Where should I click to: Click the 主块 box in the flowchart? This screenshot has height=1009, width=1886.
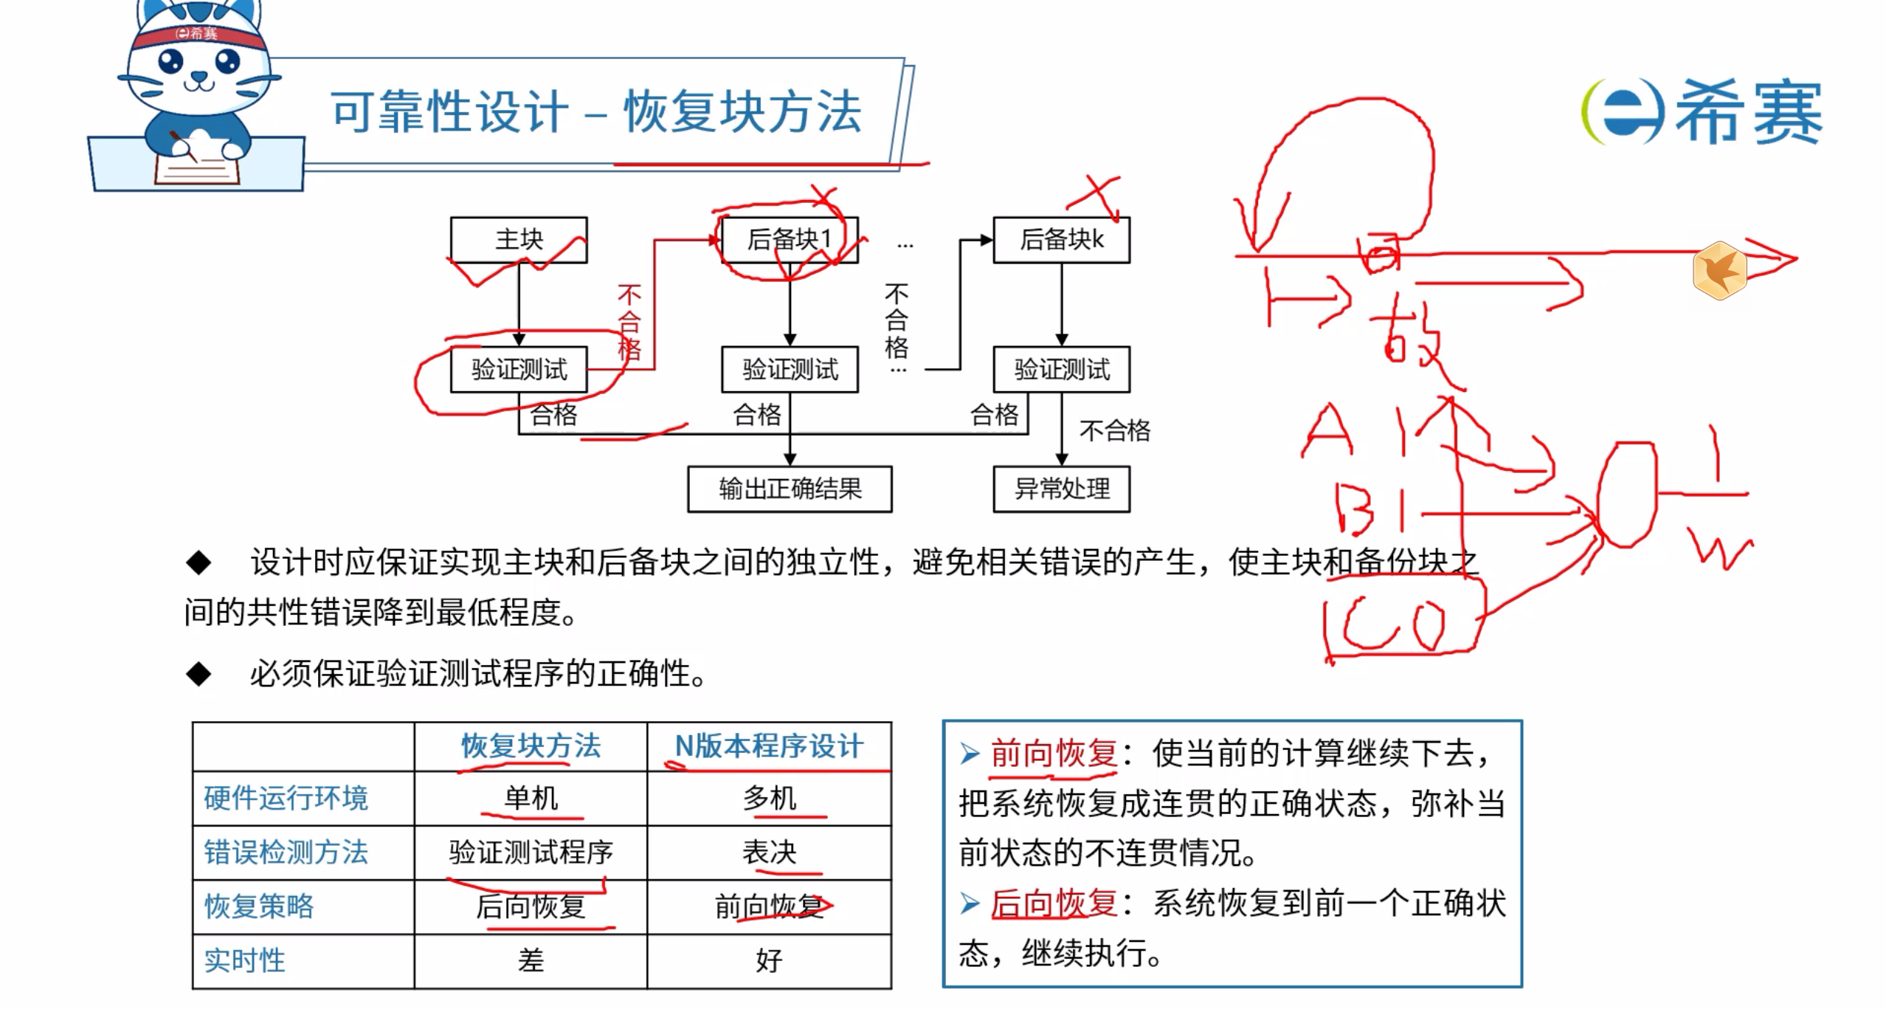519,239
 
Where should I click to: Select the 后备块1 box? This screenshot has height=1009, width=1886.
789,239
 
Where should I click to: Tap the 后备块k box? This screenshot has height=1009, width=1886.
1061,239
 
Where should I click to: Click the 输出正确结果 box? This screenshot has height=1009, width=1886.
790,489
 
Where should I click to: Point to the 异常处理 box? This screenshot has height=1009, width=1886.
1061,489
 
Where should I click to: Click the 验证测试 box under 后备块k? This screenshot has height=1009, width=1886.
1061,369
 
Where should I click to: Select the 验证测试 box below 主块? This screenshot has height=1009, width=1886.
519,369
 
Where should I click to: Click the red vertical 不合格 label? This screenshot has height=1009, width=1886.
629,323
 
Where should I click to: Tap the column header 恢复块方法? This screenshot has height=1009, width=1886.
531,746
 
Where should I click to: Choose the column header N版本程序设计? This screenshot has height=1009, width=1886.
769,746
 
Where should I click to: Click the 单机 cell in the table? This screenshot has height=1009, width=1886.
531,798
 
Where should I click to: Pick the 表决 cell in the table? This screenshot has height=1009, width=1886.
769,852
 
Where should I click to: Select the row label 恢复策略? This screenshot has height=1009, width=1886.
259,906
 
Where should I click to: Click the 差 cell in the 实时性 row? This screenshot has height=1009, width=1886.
531,960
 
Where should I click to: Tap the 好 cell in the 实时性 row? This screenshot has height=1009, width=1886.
769,960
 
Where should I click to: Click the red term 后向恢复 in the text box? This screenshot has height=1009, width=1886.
1053,903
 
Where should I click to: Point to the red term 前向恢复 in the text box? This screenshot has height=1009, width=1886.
1053,753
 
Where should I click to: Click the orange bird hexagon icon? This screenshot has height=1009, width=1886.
1720,270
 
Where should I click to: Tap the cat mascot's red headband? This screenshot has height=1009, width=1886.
198,34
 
